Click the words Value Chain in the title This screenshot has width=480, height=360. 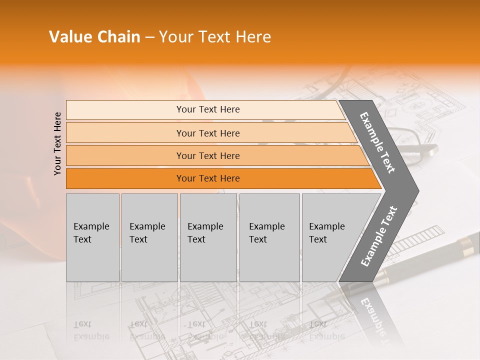point(94,37)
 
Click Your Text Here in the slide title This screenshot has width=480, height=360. point(215,37)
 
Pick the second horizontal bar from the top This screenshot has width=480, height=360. point(207,133)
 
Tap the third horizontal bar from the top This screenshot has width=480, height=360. point(207,155)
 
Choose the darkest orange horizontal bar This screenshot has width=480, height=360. point(207,178)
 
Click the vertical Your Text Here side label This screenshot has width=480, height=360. point(57,143)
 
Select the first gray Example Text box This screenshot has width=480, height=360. point(92,237)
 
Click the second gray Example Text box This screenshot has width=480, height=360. point(149,237)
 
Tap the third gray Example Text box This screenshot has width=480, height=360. point(208,237)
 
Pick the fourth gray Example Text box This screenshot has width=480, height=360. point(269,237)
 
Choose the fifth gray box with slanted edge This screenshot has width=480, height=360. point(332,237)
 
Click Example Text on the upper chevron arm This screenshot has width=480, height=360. point(378,142)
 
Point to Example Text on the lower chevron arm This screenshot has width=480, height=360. point(378,236)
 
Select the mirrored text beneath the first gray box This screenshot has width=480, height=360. point(91,330)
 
